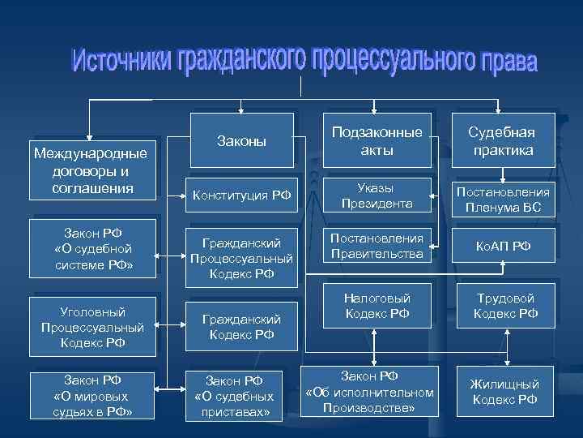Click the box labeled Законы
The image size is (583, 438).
click(241, 141)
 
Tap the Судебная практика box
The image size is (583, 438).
click(503, 141)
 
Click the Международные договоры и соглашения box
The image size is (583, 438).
click(91, 170)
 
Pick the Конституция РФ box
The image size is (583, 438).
click(241, 195)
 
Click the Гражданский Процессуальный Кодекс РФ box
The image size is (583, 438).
click(241, 258)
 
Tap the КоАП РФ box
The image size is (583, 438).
click(503, 246)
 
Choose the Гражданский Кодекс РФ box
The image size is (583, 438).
click(241, 326)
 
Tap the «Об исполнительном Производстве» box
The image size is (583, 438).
click(369, 391)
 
